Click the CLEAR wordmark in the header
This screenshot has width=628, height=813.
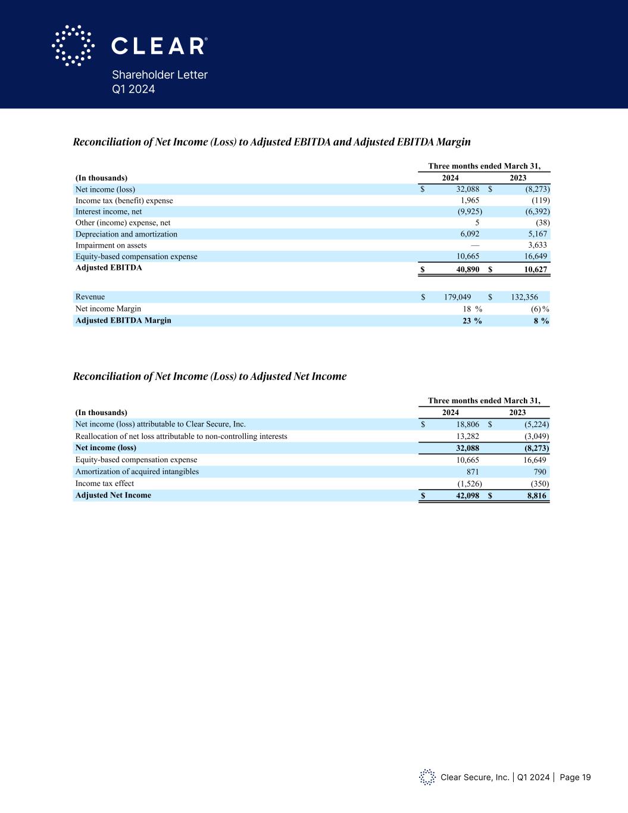159,46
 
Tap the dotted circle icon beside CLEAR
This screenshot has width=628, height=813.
73,45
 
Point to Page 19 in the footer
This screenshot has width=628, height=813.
575,777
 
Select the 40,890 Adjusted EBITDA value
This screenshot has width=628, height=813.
464,269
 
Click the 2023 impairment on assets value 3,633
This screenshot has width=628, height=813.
538,245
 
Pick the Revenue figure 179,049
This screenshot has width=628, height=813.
457,297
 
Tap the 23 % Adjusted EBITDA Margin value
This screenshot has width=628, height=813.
472,320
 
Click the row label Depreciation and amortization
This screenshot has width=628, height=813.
126,234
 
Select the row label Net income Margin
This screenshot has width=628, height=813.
108,309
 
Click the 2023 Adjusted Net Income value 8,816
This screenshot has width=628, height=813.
537,496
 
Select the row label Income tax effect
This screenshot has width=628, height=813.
105,484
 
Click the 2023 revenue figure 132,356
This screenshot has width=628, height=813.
529,297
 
